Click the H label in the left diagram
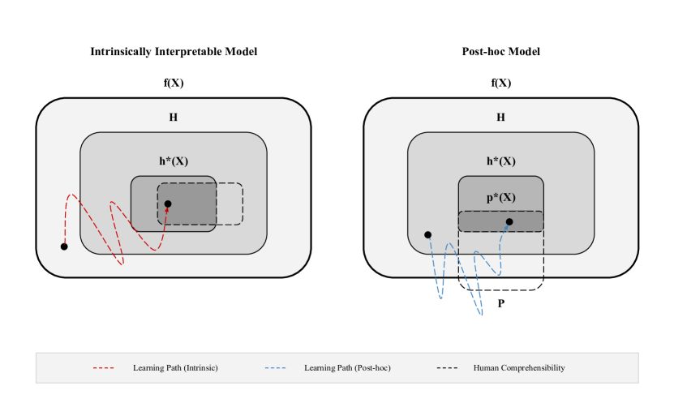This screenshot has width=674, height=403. click(173, 118)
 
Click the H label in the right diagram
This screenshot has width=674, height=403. click(500, 118)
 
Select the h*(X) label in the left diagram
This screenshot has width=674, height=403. click(174, 161)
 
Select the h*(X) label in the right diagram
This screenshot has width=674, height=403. click(501, 161)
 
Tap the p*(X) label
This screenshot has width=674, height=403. click(501, 197)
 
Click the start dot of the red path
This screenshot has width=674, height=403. click(64, 247)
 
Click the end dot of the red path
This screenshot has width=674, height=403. click(168, 204)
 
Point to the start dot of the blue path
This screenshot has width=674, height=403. click(427, 235)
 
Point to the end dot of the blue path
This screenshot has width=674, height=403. click(509, 221)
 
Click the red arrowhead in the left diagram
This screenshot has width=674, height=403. click(167, 210)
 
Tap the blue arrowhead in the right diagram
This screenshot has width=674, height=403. click(506, 228)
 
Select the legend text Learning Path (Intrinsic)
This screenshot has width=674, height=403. click(175, 368)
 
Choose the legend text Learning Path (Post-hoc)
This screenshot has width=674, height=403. click(347, 368)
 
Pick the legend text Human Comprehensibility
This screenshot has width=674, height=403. click(519, 368)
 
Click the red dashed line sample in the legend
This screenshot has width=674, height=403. click(104, 368)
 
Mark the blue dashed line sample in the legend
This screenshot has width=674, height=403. click(275, 368)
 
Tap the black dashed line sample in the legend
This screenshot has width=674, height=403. click(447, 368)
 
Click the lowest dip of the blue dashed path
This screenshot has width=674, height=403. click(482, 315)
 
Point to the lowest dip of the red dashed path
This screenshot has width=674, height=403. click(122, 264)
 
